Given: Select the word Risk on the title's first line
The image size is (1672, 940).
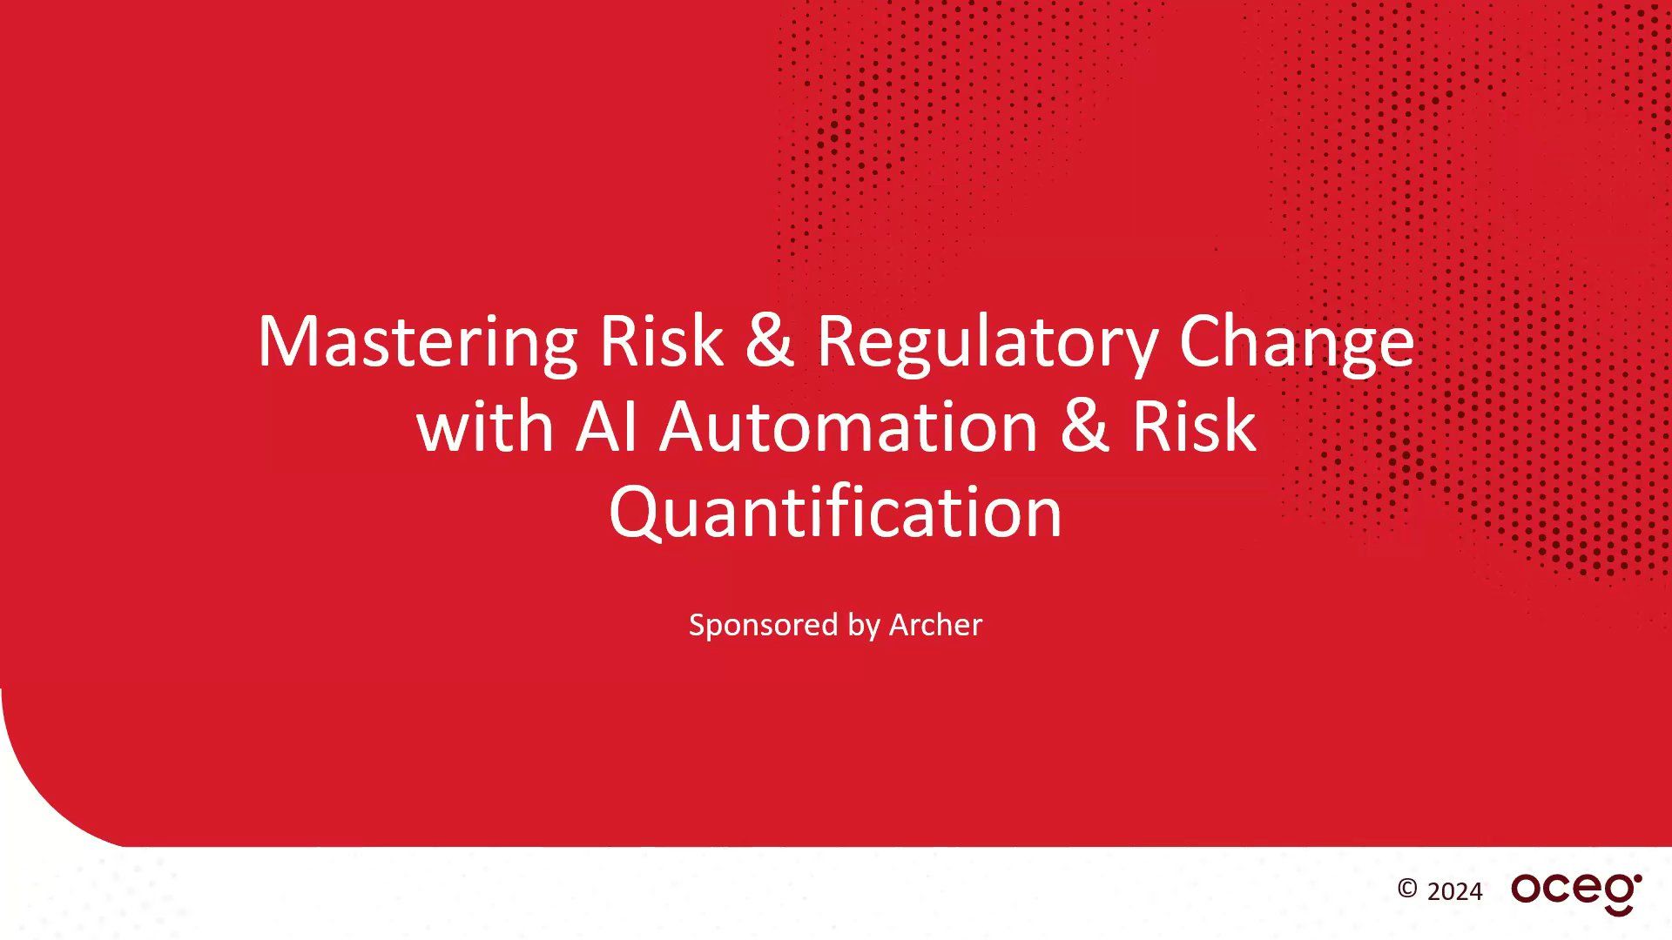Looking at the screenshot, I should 661,341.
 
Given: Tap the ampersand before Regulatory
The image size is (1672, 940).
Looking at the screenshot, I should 769,341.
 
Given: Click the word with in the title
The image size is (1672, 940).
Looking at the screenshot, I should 485,427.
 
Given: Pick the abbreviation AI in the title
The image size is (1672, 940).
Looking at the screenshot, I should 606,427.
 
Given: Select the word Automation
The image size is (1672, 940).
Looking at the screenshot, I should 848,427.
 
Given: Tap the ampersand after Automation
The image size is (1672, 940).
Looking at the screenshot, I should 1085,427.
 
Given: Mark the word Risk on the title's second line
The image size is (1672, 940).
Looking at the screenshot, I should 1194,427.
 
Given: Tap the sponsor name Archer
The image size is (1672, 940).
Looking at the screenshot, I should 935,625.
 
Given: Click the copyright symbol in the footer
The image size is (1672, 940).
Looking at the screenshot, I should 1407,889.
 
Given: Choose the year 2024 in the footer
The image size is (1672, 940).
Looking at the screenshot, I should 1455,892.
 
